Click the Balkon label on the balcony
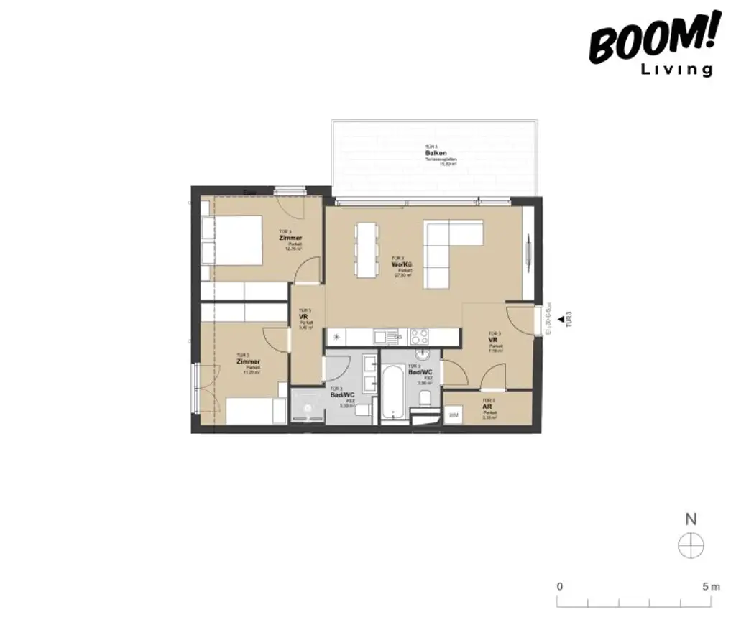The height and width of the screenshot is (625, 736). (432, 153)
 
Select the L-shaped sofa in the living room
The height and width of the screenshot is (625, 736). (446, 248)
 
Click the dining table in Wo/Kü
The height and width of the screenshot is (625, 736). (366, 249)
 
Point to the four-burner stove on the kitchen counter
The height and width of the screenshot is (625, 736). (419, 336)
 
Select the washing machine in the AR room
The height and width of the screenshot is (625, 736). (454, 415)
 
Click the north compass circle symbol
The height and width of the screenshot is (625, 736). (691, 546)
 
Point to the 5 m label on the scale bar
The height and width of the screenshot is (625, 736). (711, 587)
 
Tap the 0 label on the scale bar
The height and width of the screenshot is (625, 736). (560, 587)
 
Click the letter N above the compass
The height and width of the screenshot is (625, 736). (691, 519)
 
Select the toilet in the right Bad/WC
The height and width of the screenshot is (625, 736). (425, 398)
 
